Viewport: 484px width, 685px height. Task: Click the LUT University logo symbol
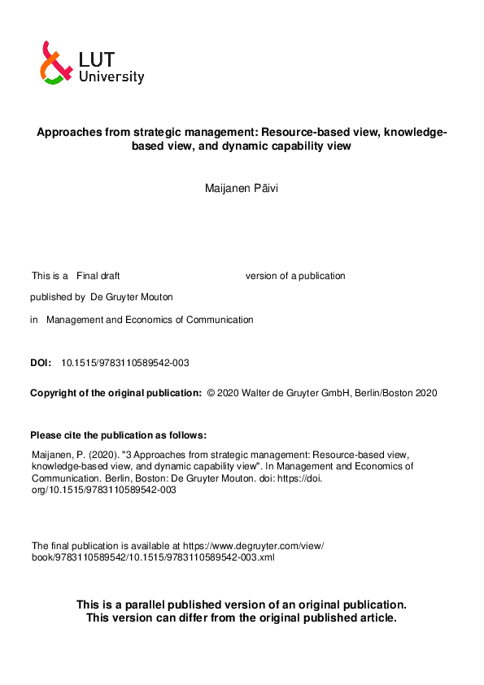coord(53,63)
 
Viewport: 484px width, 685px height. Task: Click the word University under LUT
coord(111,77)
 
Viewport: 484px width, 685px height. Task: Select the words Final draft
coord(98,276)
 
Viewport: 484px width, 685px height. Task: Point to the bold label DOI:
coord(41,363)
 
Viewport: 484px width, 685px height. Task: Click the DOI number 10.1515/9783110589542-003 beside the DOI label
coord(125,363)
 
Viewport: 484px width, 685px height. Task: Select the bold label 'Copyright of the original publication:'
coord(116,393)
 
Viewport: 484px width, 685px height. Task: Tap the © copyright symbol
coord(211,393)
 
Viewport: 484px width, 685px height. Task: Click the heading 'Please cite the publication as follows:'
coord(118,434)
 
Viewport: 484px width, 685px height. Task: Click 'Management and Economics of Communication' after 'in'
coord(150,320)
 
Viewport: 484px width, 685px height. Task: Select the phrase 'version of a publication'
coord(295,276)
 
